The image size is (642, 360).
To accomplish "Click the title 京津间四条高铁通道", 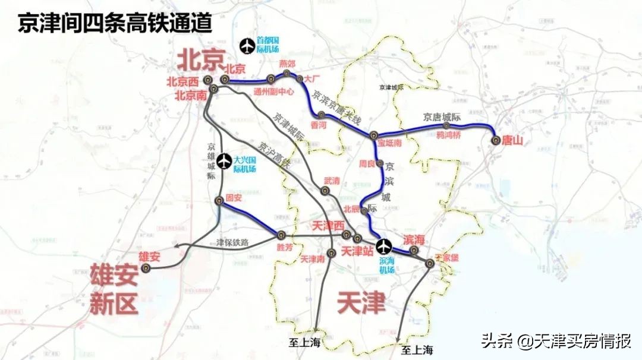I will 114,23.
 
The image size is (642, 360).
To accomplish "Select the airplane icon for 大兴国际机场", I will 224,160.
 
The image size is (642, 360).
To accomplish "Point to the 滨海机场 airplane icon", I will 385,245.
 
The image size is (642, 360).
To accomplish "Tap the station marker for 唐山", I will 496,140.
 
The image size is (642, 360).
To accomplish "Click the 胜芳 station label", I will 285,247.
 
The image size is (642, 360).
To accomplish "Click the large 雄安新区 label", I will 114,289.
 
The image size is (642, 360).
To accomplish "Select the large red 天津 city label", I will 361,302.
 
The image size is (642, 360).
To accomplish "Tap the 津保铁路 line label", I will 232,242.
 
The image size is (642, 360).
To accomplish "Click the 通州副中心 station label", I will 273,92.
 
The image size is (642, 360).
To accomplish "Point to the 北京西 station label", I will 182,81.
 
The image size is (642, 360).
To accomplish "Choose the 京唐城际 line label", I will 442,117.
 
